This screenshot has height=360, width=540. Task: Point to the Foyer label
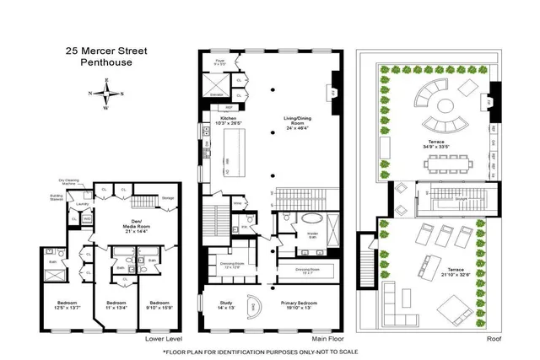point(219,60)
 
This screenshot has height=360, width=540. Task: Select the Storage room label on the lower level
point(167,200)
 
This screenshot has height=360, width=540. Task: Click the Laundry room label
point(82,204)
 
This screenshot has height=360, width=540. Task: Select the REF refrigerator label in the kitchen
point(227,108)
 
